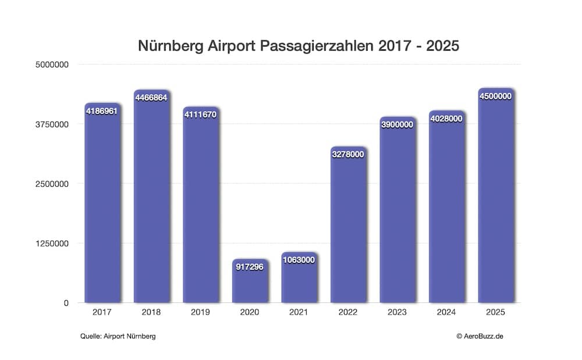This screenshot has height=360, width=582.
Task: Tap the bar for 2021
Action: click(x=299, y=282)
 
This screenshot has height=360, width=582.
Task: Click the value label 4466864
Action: click(x=151, y=98)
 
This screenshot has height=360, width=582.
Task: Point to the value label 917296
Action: click(x=250, y=266)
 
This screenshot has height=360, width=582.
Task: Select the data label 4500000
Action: click(x=496, y=96)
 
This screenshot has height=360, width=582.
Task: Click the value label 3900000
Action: click(x=398, y=124)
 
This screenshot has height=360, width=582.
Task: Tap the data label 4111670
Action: click(x=200, y=115)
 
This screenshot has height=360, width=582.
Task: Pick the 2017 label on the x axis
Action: click(x=102, y=312)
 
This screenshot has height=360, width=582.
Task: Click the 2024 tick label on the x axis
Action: click(x=447, y=312)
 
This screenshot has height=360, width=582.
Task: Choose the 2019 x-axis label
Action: click(x=200, y=312)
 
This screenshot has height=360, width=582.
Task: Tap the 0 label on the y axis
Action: click(x=66, y=303)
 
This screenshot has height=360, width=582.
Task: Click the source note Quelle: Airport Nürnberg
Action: click(x=118, y=336)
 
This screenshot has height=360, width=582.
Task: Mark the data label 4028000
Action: click(x=446, y=118)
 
